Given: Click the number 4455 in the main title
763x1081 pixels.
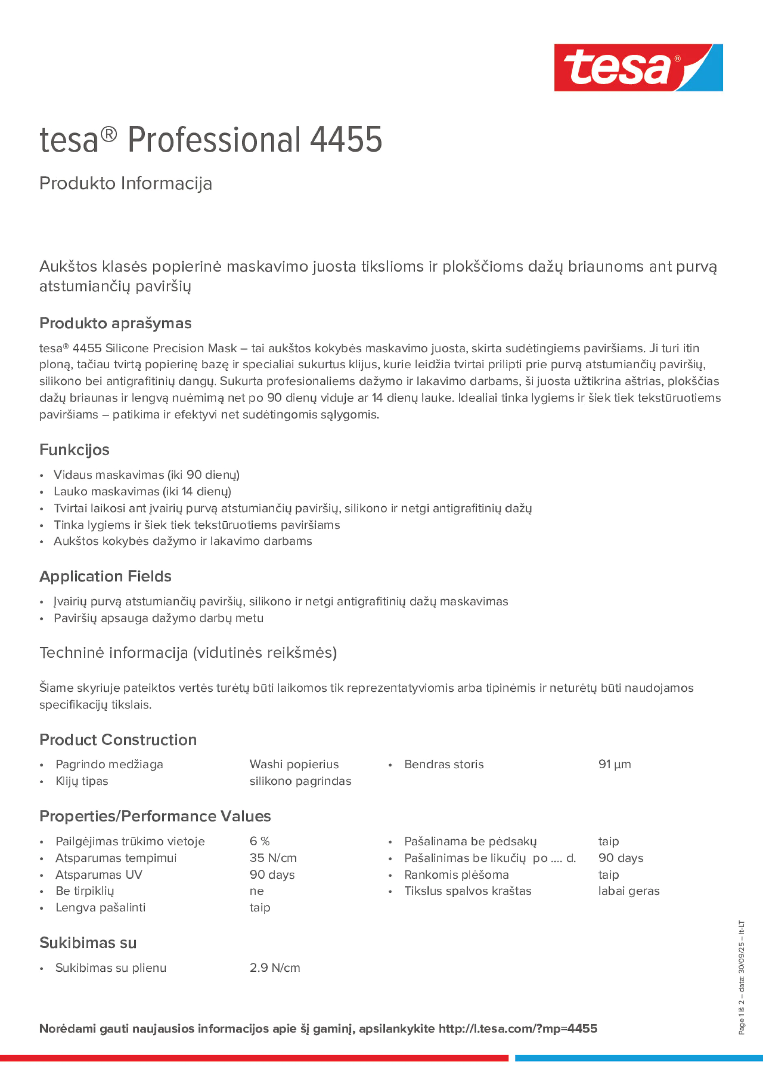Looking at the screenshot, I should tap(346, 140).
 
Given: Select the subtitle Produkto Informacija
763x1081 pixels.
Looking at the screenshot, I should tap(126, 183).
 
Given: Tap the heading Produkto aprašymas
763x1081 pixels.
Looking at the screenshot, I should tap(115, 323).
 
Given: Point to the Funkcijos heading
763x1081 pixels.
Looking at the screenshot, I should tap(74, 450).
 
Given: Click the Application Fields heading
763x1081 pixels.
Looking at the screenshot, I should tap(106, 576).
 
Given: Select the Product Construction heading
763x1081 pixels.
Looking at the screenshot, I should tap(118, 740).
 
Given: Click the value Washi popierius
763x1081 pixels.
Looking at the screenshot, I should tap(294, 764).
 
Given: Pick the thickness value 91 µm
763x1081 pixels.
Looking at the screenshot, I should tap(614, 764).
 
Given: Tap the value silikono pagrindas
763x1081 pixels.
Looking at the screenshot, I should tap(300, 781).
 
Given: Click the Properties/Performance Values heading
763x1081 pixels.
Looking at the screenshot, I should tap(155, 816).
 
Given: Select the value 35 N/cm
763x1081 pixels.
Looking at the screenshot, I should tap(273, 858).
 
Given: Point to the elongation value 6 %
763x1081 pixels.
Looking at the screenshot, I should tap(260, 841).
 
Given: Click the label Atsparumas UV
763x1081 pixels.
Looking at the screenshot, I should tap(99, 875).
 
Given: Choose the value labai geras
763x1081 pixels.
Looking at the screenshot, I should tap(628, 891).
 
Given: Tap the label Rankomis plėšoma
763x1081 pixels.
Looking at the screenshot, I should tap(456, 875).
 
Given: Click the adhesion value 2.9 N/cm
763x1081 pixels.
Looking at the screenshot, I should tap(275, 968).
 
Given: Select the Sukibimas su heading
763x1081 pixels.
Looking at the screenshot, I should tap(88, 943).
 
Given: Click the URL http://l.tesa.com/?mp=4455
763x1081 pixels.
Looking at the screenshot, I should tap(518, 1028).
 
